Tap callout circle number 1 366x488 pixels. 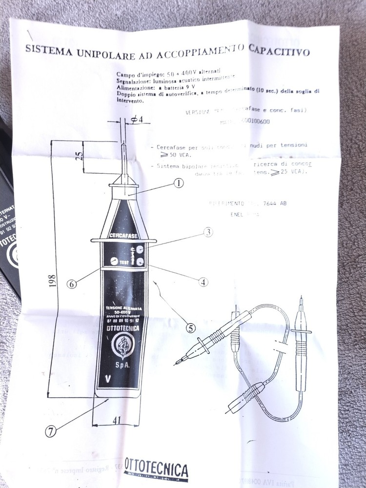[178, 183]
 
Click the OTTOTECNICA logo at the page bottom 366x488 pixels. [156, 470]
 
